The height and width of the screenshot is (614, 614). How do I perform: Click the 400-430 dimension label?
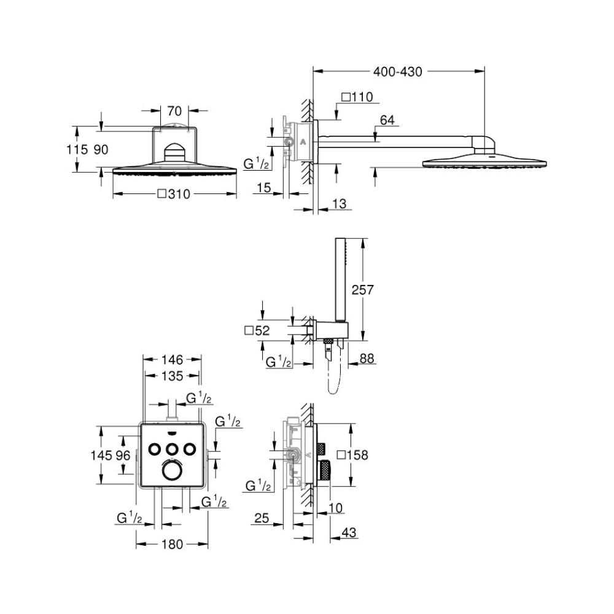(x=398, y=72)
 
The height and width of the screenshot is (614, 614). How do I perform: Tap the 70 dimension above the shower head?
(x=174, y=111)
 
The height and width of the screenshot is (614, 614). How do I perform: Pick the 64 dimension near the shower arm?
(x=387, y=120)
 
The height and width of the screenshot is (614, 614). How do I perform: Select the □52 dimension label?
(x=258, y=330)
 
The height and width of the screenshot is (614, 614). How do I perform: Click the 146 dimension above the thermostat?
(x=172, y=360)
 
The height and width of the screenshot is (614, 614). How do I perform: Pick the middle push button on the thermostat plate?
(x=172, y=448)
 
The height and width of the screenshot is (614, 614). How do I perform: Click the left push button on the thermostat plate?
(x=155, y=448)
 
